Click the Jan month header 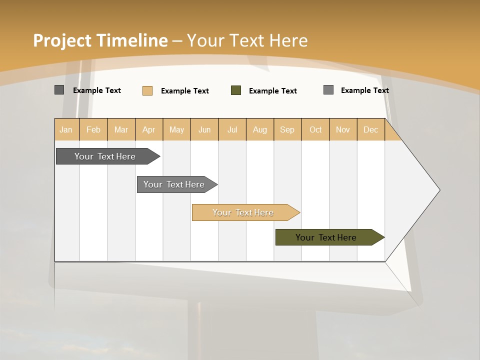click(x=66, y=129)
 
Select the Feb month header click(x=93, y=129)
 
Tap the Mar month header click(x=121, y=129)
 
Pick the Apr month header click(x=149, y=129)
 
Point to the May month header click(x=176, y=129)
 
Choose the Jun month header click(x=204, y=129)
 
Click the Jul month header click(x=232, y=129)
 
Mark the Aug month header click(x=260, y=129)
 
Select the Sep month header click(x=287, y=129)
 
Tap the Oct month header click(x=315, y=129)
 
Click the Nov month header click(x=343, y=129)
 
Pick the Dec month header click(x=370, y=129)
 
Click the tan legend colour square click(x=147, y=90)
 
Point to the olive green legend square click(x=236, y=90)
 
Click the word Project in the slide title click(x=62, y=40)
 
